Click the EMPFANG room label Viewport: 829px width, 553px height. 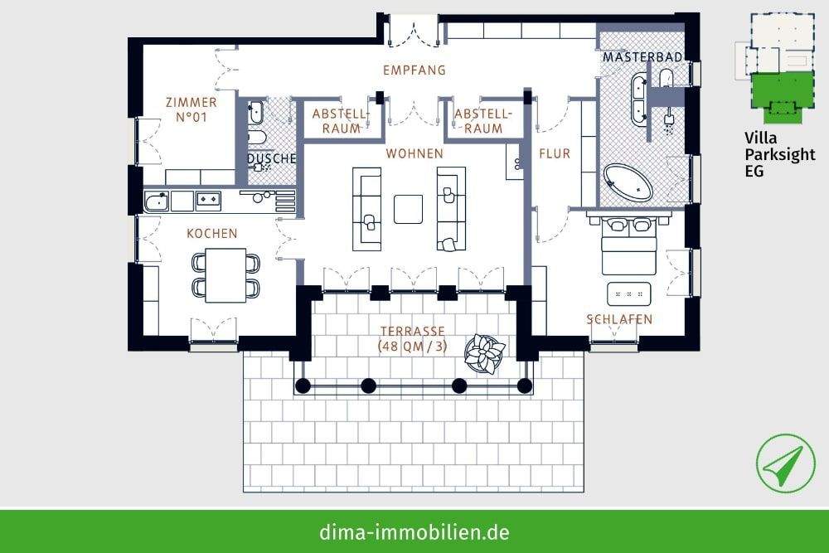pyautogui.click(x=414, y=70)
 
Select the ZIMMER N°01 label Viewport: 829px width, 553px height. pyautogui.click(x=191, y=109)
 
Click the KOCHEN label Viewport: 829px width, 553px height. pyautogui.click(x=211, y=234)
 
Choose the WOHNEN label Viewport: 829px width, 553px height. pyautogui.click(x=414, y=154)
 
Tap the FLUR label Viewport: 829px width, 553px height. pyautogui.click(x=554, y=154)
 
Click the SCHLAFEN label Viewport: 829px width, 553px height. pyautogui.click(x=618, y=319)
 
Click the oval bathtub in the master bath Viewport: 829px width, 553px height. pyautogui.click(x=628, y=182)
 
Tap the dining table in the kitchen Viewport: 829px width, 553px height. pyautogui.click(x=225, y=275)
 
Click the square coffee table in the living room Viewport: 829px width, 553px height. pyautogui.click(x=409, y=208)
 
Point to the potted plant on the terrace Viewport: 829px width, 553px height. pyautogui.click(x=484, y=354)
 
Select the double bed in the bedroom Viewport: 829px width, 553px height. pyautogui.click(x=629, y=245)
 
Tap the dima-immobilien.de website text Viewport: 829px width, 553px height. pyautogui.click(x=414, y=531)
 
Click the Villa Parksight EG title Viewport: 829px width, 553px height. pyautogui.click(x=779, y=154)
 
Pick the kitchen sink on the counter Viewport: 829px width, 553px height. pyautogui.click(x=156, y=201)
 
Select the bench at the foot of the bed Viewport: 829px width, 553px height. pyautogui.click(x=632, y=294)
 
